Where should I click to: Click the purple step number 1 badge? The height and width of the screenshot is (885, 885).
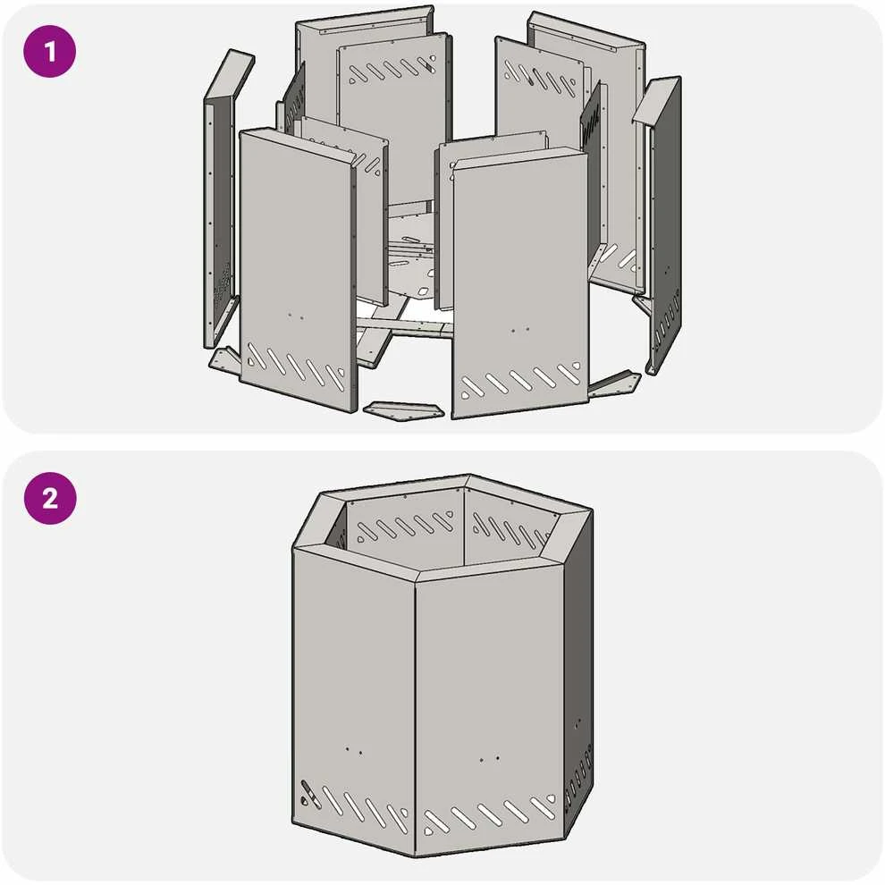tap(50, 51)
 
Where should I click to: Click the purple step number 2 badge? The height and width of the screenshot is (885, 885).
tap(50, 499)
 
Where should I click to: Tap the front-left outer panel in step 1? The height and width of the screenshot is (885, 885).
tap(298, 271)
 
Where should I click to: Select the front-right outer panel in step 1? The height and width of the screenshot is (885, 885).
tap(519, 282)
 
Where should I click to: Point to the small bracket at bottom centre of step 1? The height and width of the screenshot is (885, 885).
tap(404, 410)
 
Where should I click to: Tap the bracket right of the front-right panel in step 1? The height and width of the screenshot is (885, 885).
tap(614, 383)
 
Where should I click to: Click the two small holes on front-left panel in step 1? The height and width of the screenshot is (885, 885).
tap(295, 316)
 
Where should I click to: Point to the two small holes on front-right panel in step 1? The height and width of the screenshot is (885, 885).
tap(519, 330)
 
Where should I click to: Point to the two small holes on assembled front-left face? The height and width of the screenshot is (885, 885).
tap(354, 751)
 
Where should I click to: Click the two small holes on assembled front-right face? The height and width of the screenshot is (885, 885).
tap(489, 759)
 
